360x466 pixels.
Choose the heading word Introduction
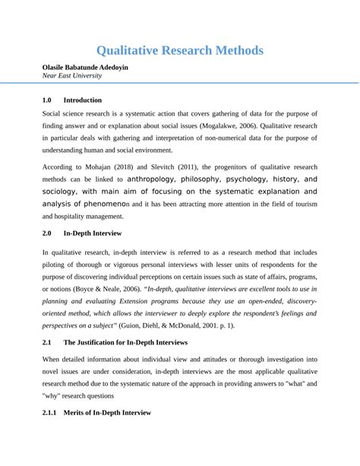[x=82, y=100]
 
